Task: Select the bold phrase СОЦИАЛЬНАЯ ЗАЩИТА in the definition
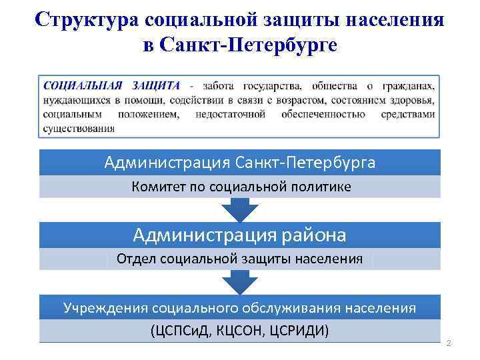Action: click(112, 86)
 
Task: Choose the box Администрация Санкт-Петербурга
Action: click(239, 163)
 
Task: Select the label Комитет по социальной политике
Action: click(239, 187)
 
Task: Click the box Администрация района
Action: click(239, 235)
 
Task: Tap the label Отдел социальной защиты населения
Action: click(239, 259)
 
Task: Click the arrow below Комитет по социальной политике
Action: click(239, 210)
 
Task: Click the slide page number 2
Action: click(449, 343)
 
